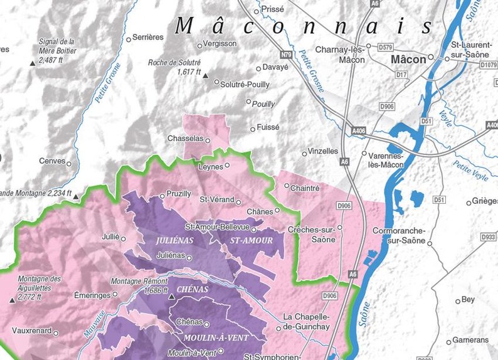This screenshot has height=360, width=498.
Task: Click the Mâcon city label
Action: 408,60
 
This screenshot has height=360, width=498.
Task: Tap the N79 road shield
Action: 287,55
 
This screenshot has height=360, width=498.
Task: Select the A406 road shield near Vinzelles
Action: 359,130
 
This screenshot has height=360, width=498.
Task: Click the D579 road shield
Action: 386,46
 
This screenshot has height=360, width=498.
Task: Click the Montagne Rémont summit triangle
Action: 172,295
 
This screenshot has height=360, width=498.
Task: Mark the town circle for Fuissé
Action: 253,129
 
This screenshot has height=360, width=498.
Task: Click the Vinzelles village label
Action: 324,151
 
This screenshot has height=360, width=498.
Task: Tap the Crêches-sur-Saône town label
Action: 314,235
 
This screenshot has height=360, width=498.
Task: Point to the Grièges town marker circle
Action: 469,203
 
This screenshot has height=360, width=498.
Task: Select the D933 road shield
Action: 488,237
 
